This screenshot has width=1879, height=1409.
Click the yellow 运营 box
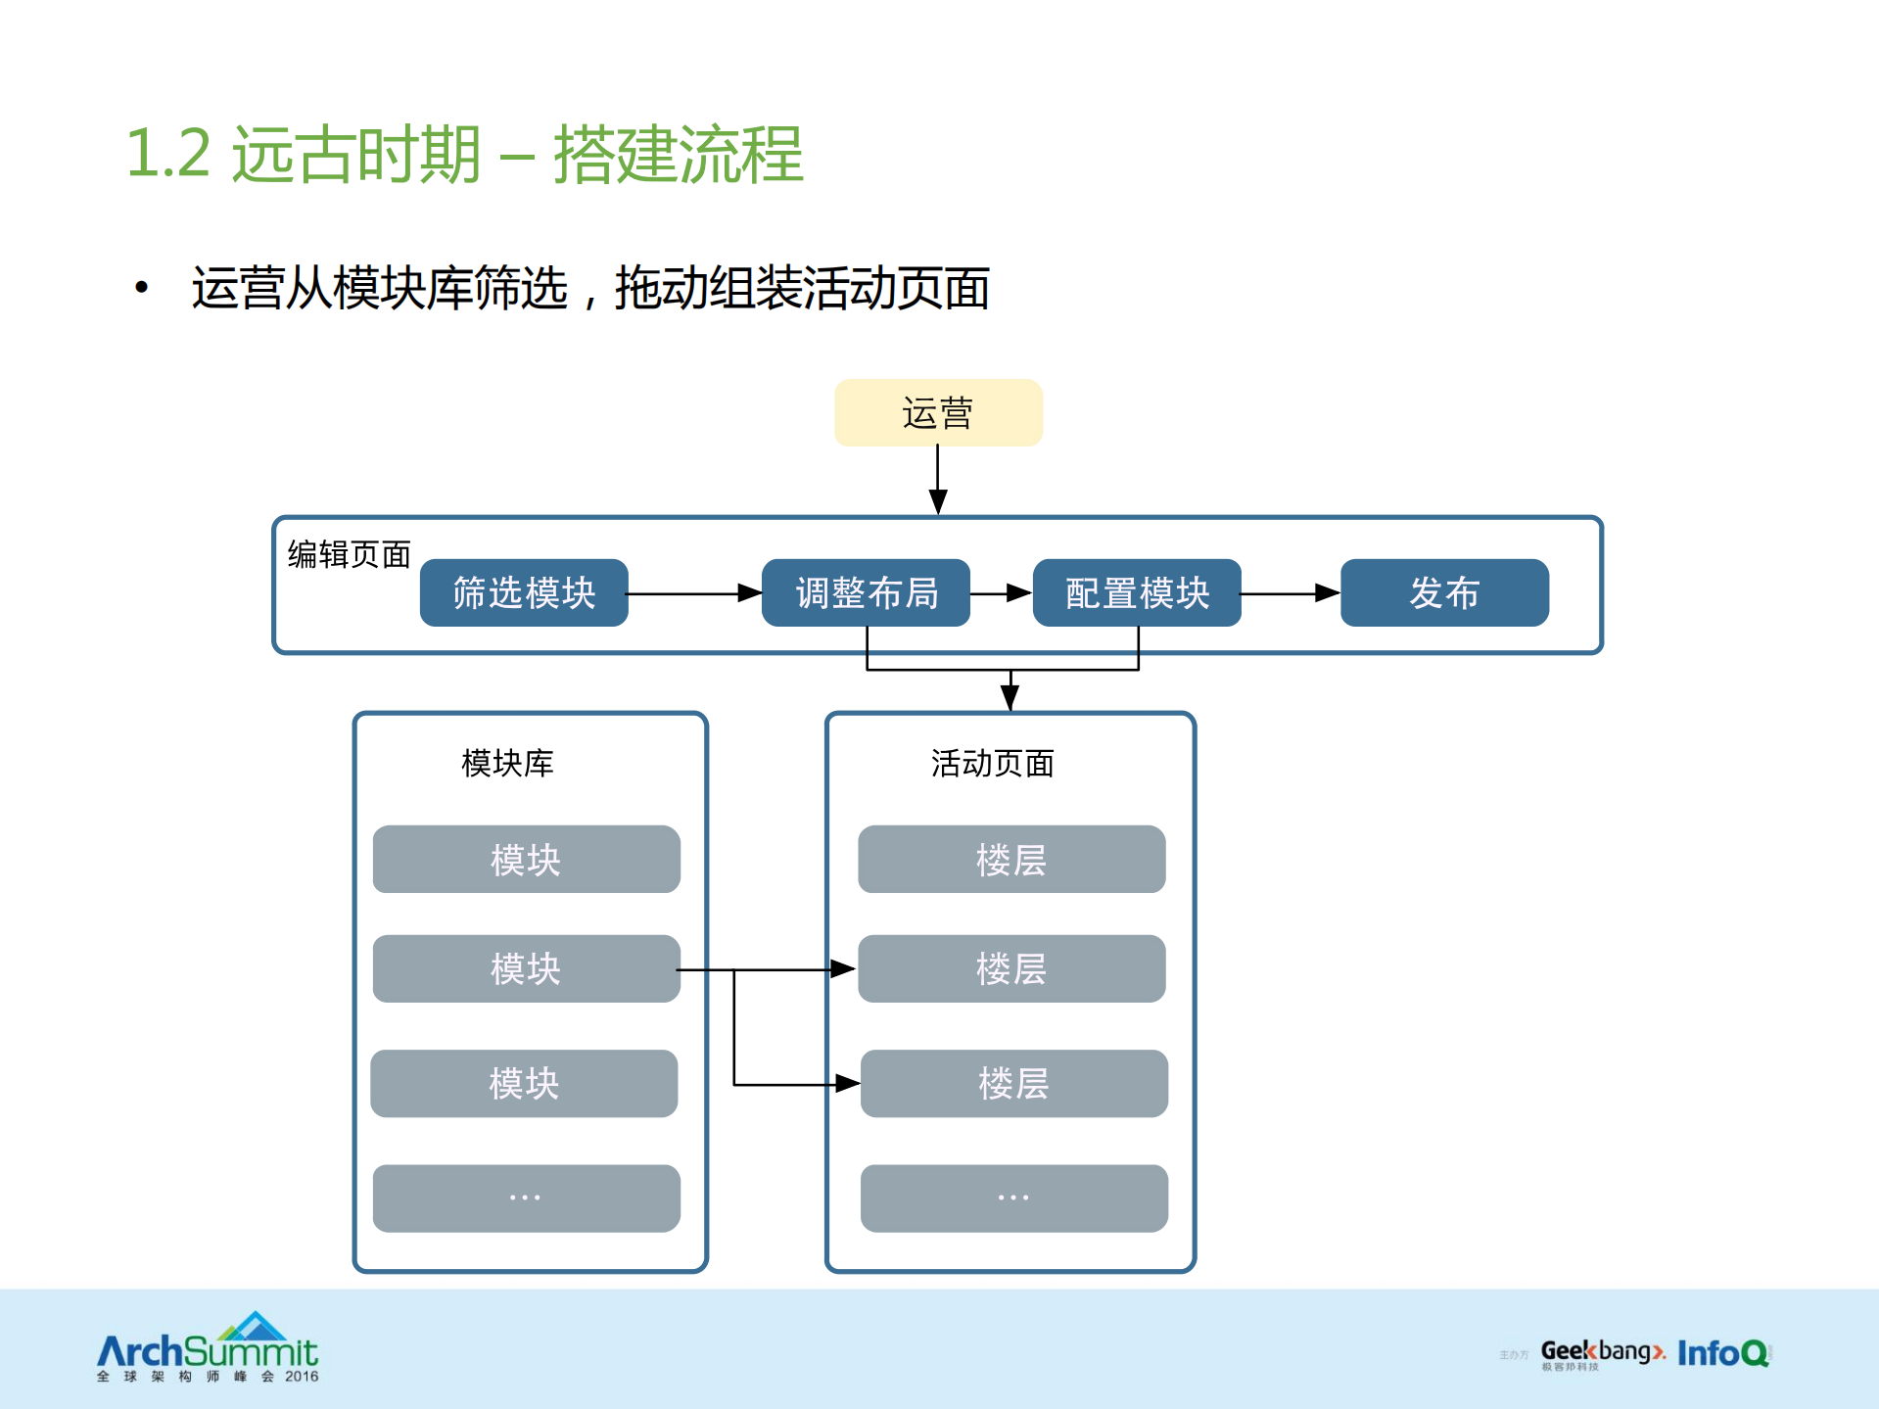click(938, 413)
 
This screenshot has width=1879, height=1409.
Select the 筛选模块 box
click(524, 592)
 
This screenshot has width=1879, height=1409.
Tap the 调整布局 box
click(866, 592)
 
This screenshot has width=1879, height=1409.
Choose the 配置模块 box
click(1137, 592)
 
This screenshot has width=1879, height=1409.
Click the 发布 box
click(1444, 592)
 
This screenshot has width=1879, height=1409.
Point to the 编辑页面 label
click(349, 554)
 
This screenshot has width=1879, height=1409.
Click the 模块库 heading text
click(507, 763)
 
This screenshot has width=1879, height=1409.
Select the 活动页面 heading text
click(992, 763)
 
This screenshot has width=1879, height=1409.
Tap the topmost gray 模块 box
click(526, 859)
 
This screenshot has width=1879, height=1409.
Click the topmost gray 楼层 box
click(1011, 859)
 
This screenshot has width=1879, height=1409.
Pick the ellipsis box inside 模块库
click(526, 1198)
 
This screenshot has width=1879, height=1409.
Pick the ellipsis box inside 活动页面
click(1013, 1198)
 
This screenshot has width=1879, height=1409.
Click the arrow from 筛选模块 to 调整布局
click(693, 593)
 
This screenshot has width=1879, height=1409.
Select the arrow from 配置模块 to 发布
click(1290, 593)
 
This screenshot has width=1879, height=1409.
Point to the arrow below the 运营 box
click(938, 480)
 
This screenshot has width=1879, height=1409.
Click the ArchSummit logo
click(208, 1349)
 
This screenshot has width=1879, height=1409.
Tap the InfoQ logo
click(1723, 1353)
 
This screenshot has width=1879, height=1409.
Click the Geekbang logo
click(1601, 1353)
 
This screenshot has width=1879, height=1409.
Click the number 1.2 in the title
click(168, 155)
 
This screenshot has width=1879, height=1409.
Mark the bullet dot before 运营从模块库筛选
click(142, 288)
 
